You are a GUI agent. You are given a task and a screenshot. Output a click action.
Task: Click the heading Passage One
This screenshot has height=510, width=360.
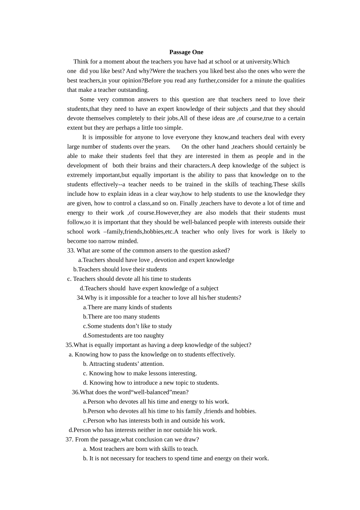click(186, 52)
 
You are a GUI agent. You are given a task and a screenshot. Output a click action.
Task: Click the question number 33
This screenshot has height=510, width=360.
click(71, 250)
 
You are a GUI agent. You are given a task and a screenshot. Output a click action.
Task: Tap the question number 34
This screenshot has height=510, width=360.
click(80, 298)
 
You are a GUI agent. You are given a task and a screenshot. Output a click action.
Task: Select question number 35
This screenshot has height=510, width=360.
click(69, 345)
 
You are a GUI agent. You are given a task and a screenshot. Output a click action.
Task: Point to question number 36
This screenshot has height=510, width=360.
click(75, 392)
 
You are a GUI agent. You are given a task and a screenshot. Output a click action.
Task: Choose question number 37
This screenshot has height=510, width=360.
click(69, 439)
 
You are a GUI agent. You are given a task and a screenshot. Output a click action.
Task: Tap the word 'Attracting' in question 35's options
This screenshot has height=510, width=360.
click(102, 364)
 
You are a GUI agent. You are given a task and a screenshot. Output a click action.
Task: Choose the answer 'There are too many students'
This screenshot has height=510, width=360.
click(124, 317)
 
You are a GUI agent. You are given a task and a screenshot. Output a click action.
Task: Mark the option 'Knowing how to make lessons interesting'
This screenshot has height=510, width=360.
click(142, 373)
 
